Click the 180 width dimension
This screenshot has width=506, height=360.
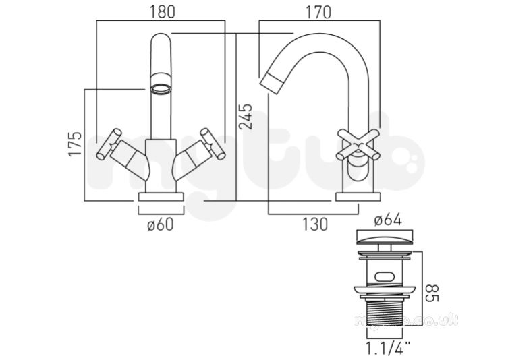pyautogui.click(x=162, y=12)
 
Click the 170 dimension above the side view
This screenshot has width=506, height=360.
pyautogui.click(x=318, y=12)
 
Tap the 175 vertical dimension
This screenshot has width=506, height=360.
pyautogui.click(x=75, y=144)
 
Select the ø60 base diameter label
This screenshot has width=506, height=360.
pyautogui.click(x=161, y=224)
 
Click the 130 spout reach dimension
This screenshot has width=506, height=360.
pyautogui.click(x=314, y=224)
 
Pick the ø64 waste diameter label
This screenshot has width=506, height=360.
pyautogui.click(x=388, y=220)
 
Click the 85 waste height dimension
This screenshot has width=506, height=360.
pyautogui.click(x=432, y=293)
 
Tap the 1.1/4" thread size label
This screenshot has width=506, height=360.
pyautogui.click(x=388, y=349)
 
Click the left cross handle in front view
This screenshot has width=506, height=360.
pyautogui.click(x=110, y=144)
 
